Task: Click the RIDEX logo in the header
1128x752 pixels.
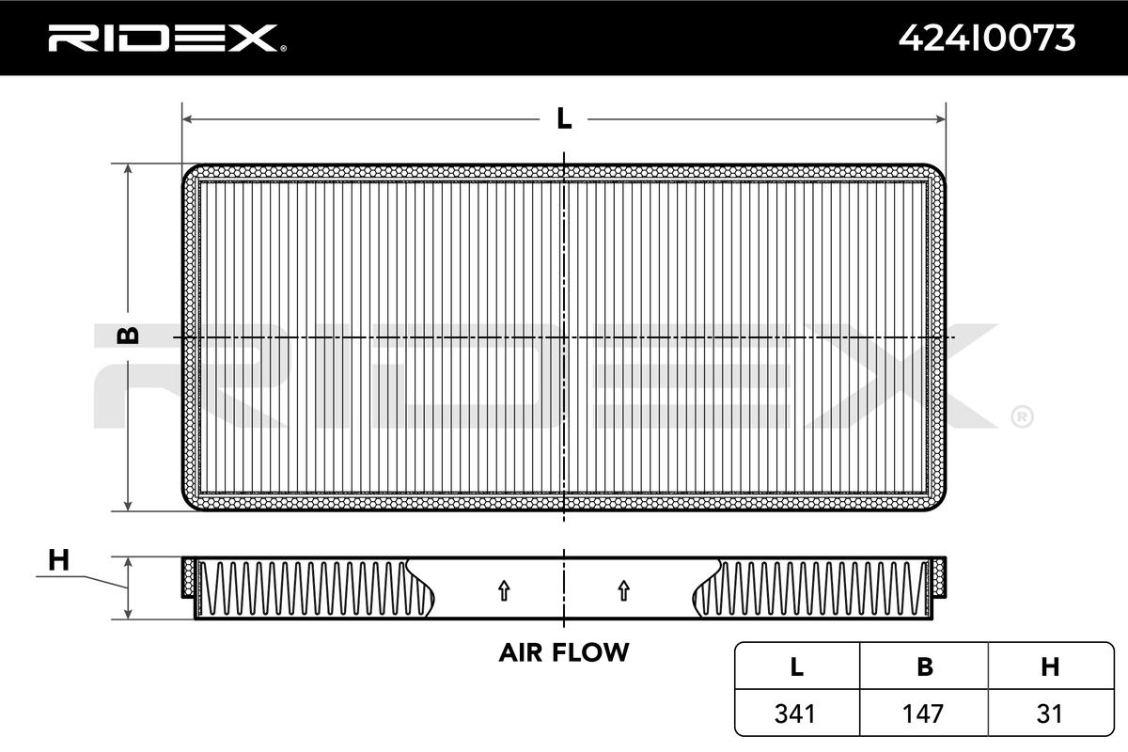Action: pos(167,39)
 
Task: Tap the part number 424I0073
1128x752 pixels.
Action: pos(987,39)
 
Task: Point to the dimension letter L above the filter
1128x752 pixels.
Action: pos(564,118)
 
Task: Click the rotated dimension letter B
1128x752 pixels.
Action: pos(128,336)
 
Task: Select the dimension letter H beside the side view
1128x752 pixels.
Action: pos(58,560)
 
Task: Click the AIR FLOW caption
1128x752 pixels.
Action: pos(564,652)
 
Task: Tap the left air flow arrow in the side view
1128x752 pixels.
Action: pos(504,590)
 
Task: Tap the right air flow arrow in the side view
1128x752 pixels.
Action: pos(624,590)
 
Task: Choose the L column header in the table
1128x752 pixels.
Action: pos(797,666)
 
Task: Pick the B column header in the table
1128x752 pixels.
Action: pos(925,666)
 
